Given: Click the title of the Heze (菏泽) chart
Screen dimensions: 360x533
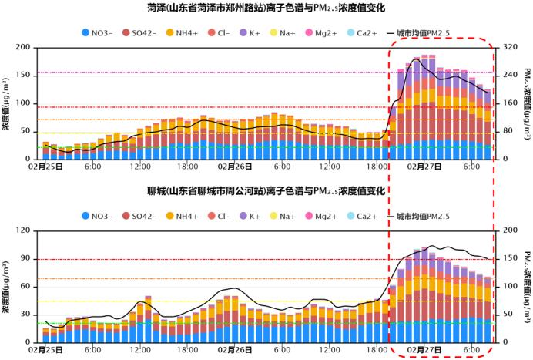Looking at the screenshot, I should [x=266, y=8].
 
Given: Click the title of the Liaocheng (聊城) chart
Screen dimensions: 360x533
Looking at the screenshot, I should [x=266, y=190].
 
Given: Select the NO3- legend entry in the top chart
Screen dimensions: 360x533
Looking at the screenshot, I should [x=99, y=33].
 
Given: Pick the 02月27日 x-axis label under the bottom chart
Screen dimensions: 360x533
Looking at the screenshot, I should [x=424, y=349].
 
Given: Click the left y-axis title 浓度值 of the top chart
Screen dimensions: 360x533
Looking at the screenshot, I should [x=6, y=103].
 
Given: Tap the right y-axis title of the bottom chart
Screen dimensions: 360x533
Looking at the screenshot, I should [x=526, y=286].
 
